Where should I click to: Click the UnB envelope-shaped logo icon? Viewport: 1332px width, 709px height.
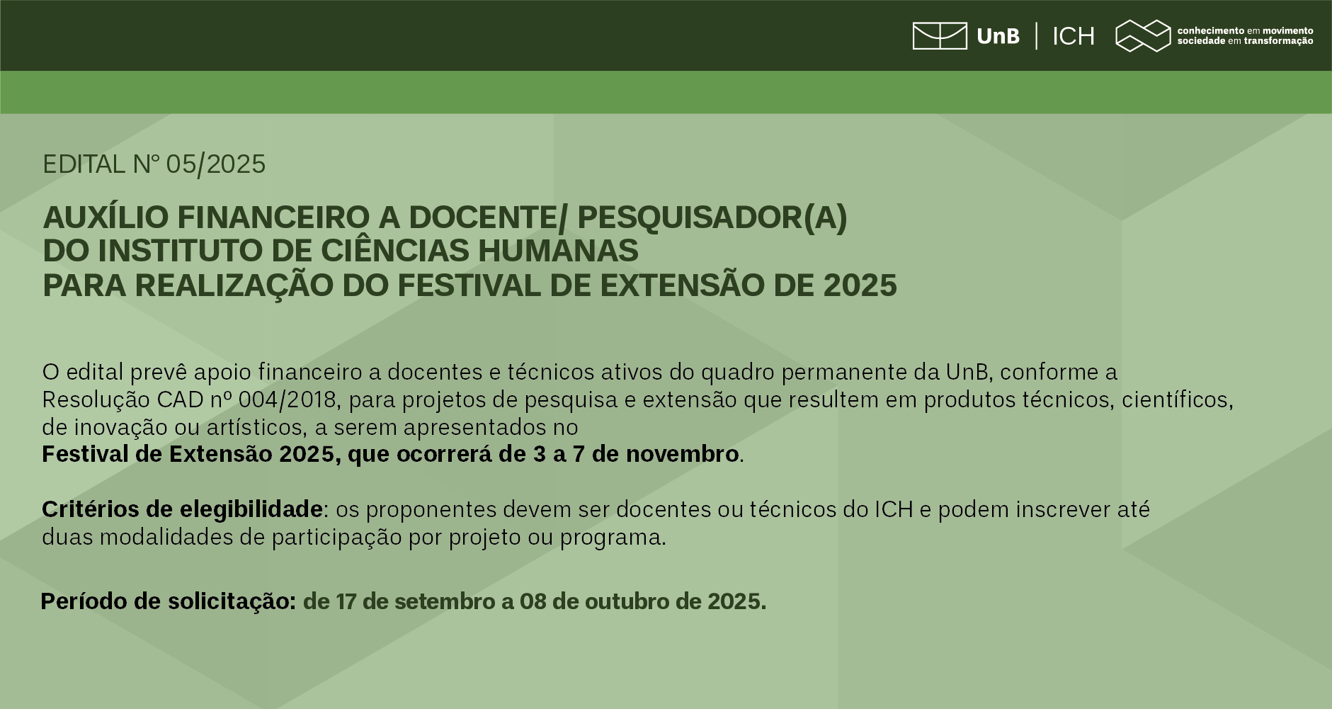(940, 36)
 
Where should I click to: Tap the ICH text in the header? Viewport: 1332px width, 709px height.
(1074, 36)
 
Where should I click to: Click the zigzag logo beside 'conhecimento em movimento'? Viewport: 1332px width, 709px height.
(1143, 36)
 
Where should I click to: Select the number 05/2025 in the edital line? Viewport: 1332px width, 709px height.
(216, 164)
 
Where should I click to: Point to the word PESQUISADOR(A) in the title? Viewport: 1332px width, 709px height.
(712, 217)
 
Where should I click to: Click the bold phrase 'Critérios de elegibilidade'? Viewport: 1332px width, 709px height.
(183, 509)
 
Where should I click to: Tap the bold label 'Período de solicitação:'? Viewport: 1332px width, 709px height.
(169, 601)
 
